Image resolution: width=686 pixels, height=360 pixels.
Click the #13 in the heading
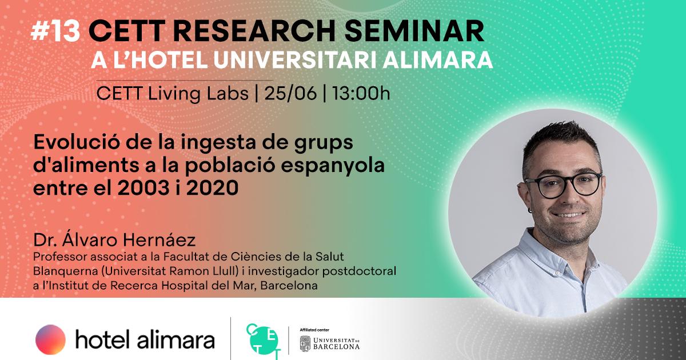tap(55, 31)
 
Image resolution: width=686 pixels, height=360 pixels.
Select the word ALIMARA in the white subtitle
tap(438, 61)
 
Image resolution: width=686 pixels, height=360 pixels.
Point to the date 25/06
tap(290, 93)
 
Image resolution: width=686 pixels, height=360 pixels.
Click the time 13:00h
tap(361, 93)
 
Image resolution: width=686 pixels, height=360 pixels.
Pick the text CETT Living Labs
tap(173, 94)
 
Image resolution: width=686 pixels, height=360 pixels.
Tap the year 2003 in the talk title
tap(143, 187)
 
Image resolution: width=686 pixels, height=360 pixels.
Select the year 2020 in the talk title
tap(212, 187)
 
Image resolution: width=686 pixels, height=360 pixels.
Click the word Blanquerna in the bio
tap(66, 271)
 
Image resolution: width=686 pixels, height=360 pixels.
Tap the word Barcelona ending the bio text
tap(289, 285)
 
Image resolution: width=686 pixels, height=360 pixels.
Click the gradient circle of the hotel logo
tap(50, 339)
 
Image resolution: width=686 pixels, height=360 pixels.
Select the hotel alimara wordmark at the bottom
tap(145, 339)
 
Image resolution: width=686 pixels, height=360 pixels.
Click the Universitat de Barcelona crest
tap(305, 343)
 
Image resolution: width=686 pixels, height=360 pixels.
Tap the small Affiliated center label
tap(314, 330)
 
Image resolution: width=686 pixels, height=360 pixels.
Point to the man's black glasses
tap(563, 185)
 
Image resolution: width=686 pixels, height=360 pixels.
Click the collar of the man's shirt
tap(548, 245)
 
